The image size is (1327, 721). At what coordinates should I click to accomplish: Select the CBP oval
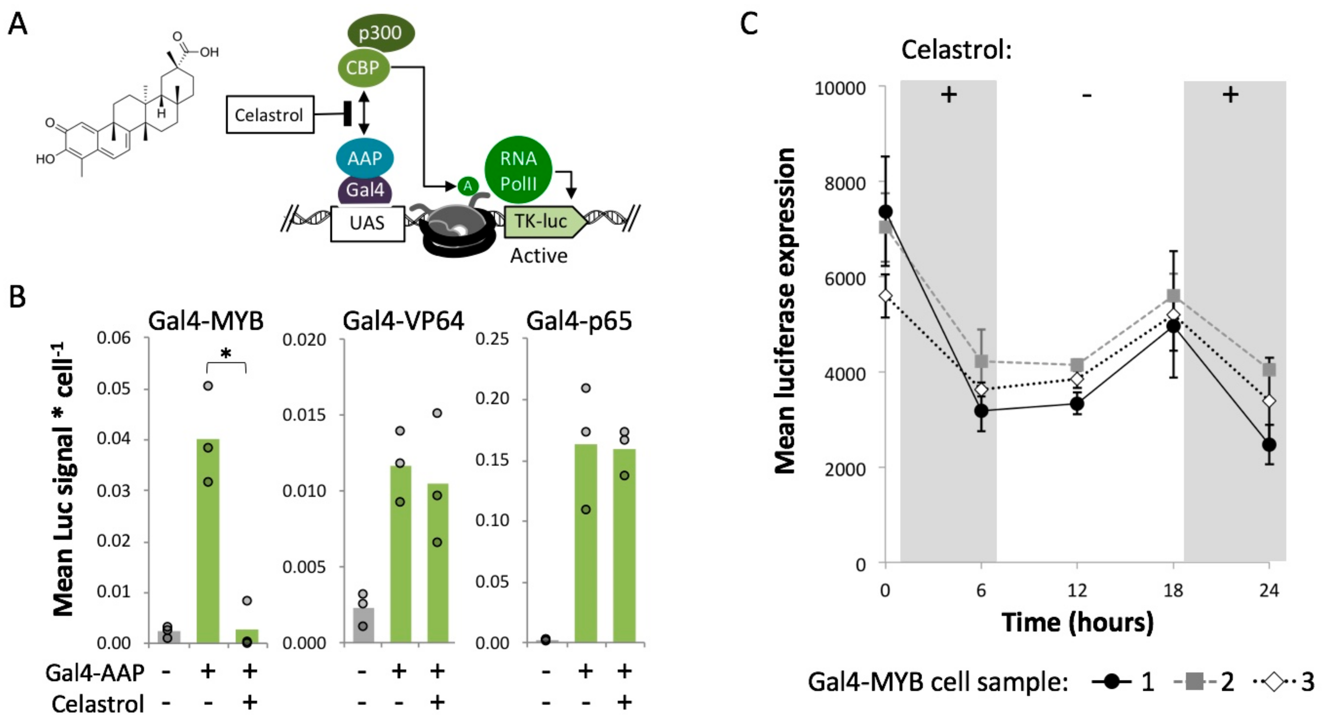click(363, 68)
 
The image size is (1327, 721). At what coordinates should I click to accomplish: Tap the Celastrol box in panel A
click(269, 115)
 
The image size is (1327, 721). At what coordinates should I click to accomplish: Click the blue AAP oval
click(364, 158)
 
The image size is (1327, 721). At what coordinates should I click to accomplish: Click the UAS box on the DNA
click(367, 223)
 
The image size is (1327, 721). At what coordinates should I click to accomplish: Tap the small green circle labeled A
click(468, 186)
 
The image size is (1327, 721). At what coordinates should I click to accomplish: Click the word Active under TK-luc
click(538, 256)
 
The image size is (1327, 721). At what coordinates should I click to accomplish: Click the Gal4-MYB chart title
click(206, 321)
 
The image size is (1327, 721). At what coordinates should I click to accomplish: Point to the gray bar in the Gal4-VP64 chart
click(363, 625)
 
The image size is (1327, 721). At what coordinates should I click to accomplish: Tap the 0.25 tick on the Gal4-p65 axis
click(492, 339)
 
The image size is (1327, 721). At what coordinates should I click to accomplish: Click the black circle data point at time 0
click(885, 212)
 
